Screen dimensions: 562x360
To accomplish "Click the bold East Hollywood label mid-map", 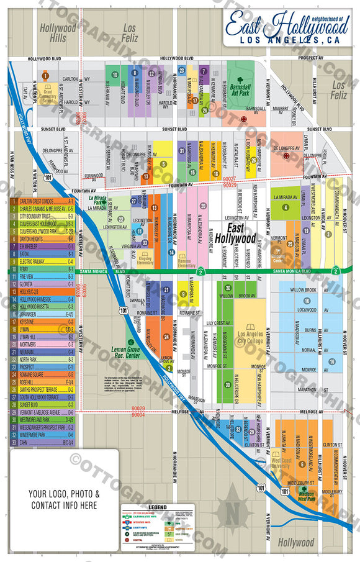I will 235,238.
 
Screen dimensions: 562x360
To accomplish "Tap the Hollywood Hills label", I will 58,32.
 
